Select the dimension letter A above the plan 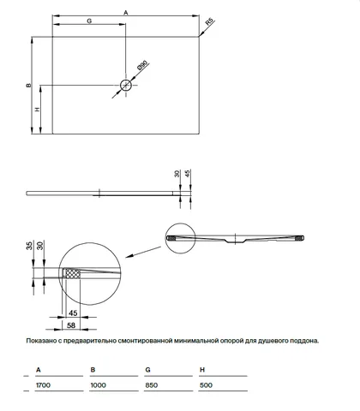[126, 12]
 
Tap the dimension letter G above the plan [89, 21]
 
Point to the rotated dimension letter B [28, 85]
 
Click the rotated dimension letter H [38, 109]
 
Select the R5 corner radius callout [209, 22]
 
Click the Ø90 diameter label [142, 65]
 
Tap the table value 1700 [43, 385]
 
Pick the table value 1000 [99, 385]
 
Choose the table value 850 [152, 385]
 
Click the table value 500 [206, 385]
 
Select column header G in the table [147, 370]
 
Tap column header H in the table [202, 370]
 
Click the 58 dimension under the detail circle [71, 325]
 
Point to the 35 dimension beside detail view [29, 246]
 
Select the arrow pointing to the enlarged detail [143, 253]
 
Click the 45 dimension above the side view [188, 174]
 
